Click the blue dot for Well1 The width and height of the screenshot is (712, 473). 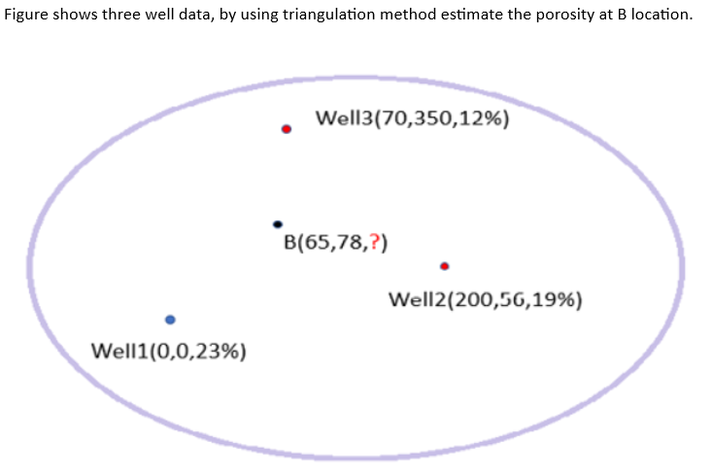170,319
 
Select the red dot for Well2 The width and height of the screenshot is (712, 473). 444,265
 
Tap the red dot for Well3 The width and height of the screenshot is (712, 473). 287,128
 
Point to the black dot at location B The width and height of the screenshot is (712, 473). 278,224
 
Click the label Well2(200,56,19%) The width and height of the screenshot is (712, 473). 485,298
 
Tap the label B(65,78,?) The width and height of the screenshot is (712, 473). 336,242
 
